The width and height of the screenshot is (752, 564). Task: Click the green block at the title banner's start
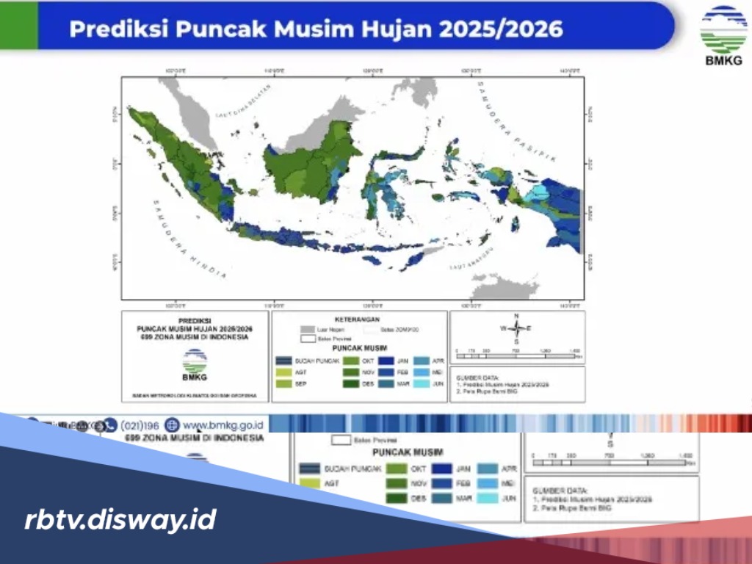(18, 25)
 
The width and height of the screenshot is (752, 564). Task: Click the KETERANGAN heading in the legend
(359, 320)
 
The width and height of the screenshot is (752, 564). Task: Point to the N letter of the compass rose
(517, 317)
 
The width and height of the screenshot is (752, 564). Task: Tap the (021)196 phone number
(140, 424)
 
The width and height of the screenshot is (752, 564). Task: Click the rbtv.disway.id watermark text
(120, 520)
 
